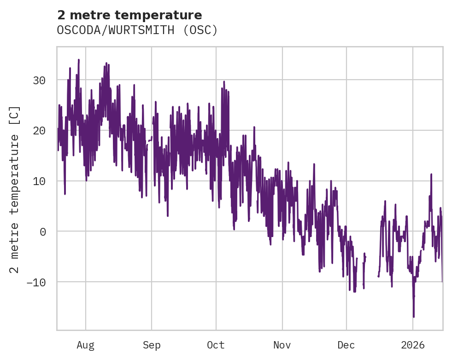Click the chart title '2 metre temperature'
[129, 15]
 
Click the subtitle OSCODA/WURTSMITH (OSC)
[137, 30]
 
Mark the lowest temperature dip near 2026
[414, 317]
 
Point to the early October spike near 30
[224, 82]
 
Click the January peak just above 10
[431, 174]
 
